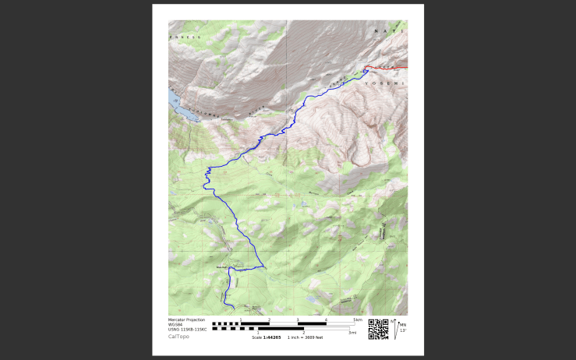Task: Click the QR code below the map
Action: pyautogui.click(x=377, y=328)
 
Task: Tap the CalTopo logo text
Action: pyautogui.click(x=178, y=337)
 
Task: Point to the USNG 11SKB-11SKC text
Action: pyautogui.click(x=184, y=330)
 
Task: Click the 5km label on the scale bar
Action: pyautogui.click(x=357, y=319)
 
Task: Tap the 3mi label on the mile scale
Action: pyautogui.click(x=352, y=333)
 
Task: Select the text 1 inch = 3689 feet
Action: pyautogui.click(x=305, y=337)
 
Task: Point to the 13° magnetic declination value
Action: pyautogui.click(x=402, y=330)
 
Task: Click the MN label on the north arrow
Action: pyautogui.click(x=403, y=324)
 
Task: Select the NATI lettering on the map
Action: pyautogui.click(x=388, y=31)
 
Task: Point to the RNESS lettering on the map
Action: pyautogui.click(x=186, y=37)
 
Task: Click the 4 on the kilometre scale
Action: pyautogui.click(x=326, y=319)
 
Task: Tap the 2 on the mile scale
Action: pyautogui.click(x=303, y=333)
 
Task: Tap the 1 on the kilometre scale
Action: pyautogui.click(x=241, y=319)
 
